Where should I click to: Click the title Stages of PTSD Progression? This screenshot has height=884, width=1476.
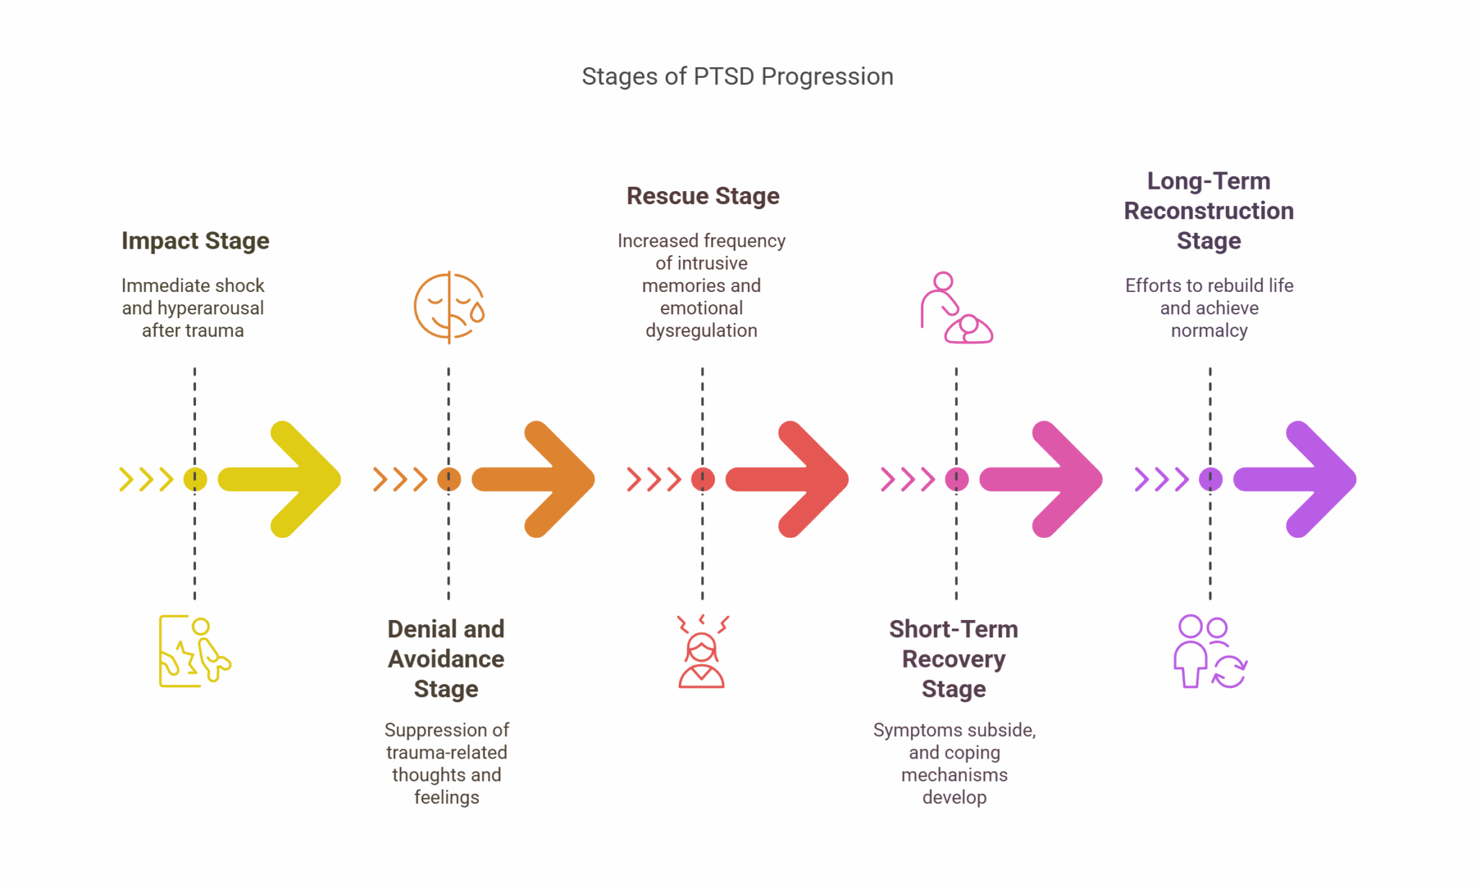pyautogui.click(x=737, y=76)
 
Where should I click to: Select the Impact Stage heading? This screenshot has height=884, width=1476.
pyautogui.click(x=195, y=241)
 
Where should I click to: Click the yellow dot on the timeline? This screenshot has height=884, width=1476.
pyautogui.click(x=195, y=479)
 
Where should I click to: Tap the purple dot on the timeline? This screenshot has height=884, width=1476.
pyautogui.click(x=1210, y=479)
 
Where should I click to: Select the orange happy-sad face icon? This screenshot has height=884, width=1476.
pyautogui.click(x=449, y=307)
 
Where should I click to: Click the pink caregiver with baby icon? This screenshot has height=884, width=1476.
pyautogui.click(x=956, y=308)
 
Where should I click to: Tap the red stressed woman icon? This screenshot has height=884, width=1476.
pyautogui.click(x=702, y=652)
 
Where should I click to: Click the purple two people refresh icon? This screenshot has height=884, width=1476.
pyautogui.click(x=1210, y=652)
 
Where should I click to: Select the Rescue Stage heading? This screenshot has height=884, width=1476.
pyautogui.click(x=703, y=196)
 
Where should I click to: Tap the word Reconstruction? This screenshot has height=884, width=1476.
pyautogui.click(x=1209, y=211)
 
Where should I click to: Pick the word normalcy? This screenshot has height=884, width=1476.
pyautogui.click(x=1209, y=331)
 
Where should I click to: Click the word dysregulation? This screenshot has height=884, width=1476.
pyautogui.click(x=701, y=331)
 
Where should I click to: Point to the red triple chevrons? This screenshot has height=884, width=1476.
pyautogui.click(x=654, y=479)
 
